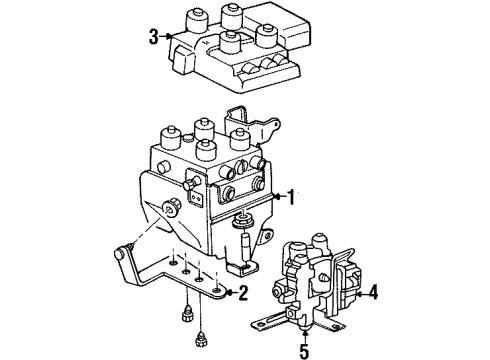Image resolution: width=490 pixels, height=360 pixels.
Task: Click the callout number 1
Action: [x=290, y=198]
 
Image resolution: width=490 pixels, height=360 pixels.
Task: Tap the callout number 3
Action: [x=152, y=38]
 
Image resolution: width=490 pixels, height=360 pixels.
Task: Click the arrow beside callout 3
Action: [x=167, y=38]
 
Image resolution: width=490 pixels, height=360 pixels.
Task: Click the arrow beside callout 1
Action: [x=274, y=198]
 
